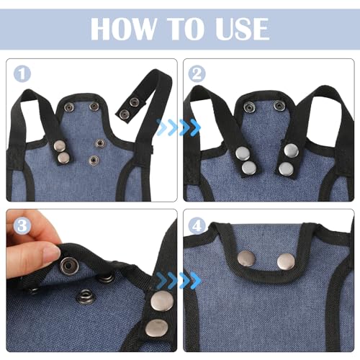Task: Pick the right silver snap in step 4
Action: tap(286, 261)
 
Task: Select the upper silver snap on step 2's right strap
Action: tap(291, 150)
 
